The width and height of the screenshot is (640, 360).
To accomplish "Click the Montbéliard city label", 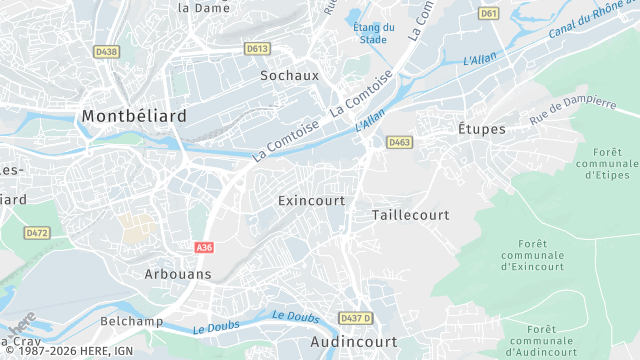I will [134, 116].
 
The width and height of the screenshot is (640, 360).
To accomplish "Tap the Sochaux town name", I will [289, 75].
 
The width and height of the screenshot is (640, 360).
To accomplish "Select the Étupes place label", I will [482, 129].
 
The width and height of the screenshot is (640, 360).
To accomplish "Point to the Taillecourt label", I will [410, 215].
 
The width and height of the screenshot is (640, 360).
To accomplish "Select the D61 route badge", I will [488, 14].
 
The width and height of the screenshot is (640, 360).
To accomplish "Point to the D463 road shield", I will [400, 143].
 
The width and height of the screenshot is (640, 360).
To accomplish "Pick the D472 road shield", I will [37, 233].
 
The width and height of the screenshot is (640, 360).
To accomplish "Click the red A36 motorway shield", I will [204, 245].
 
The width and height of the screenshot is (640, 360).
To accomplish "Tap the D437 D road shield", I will [355, 318].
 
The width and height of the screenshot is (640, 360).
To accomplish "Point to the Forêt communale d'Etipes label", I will [607, 162].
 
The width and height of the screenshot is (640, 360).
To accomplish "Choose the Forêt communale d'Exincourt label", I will [533, 255].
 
